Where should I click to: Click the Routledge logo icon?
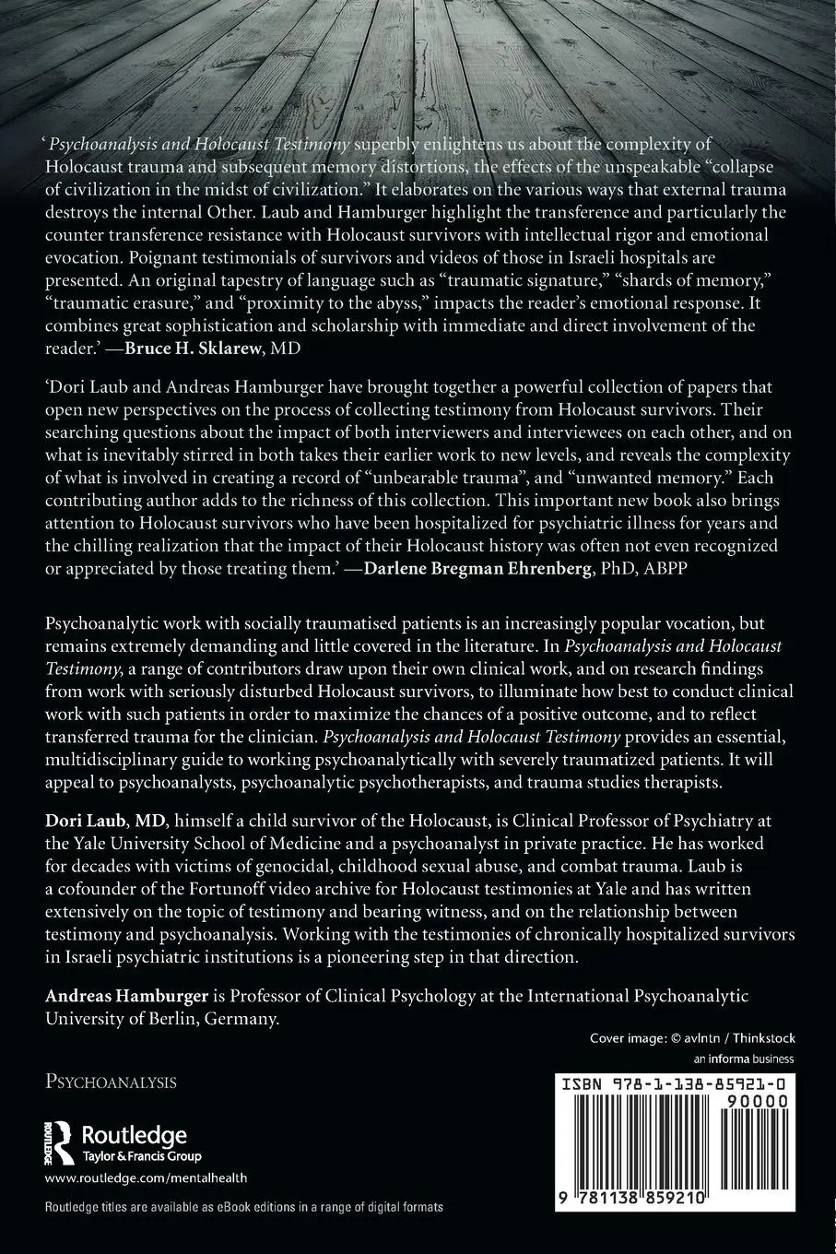click(x=58, y=1142)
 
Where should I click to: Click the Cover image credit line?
click(x=692, y=1038)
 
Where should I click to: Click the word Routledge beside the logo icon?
click(x=135, y=1135)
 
